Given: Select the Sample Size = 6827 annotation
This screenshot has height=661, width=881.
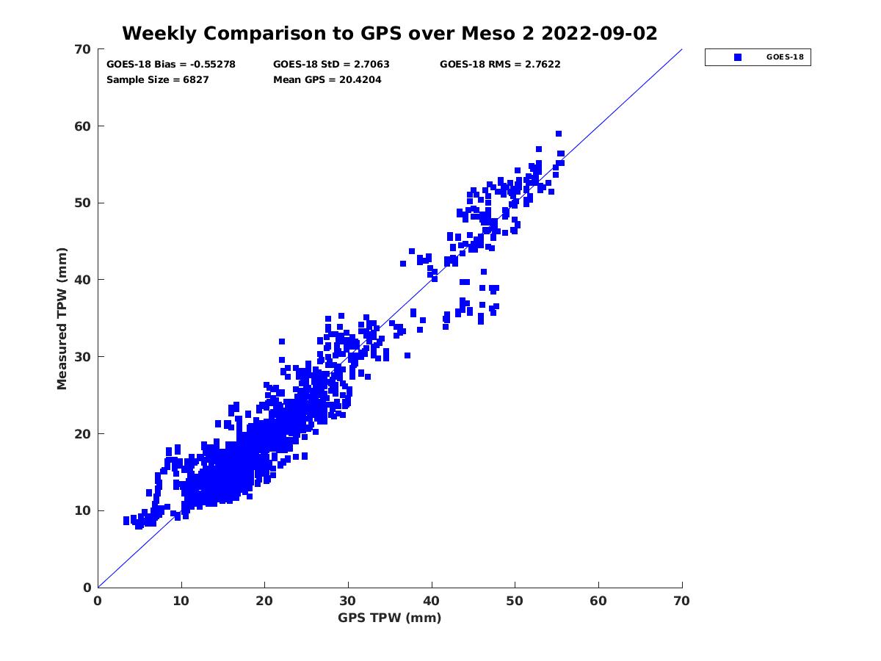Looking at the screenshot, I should (x=158, y=79).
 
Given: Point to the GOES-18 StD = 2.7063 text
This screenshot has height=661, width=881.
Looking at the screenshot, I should (x=331, y=64).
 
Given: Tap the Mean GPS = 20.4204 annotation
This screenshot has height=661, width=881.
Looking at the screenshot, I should (x=327, y=79).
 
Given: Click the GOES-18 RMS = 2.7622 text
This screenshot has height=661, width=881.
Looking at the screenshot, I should (x=500, y=64).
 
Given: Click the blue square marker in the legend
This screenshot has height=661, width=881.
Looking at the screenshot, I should (x=738, y=57).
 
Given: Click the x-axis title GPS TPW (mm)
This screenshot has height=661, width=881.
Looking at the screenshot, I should (x=390, y=618).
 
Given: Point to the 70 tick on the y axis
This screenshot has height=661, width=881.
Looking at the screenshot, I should (x=83, y=49).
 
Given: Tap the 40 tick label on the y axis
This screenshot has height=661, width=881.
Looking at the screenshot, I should (x=83, y=280).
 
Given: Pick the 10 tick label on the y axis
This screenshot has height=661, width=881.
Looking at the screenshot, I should (x=83, y=510).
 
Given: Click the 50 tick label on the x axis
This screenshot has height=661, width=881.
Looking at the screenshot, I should (x=515, y=601).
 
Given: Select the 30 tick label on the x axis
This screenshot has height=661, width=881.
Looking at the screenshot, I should (x=348, y=601).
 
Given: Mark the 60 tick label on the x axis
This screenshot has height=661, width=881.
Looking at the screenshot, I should (x=598, y=601).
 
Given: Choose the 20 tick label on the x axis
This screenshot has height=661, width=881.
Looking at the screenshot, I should (x=265, y=601).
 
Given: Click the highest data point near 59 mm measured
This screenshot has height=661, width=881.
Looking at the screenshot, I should (x=559, y=134).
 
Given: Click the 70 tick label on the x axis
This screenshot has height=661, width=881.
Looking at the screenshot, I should (x=682, y=601).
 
